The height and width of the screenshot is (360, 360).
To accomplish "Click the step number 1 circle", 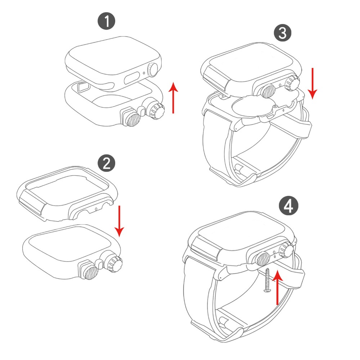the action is click(107, 21).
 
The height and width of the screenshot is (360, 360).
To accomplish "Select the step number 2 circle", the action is click(107, 164).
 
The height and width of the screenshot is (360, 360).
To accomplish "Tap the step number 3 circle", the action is click(283, 33).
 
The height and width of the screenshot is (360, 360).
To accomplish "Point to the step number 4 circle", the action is click(289, 206).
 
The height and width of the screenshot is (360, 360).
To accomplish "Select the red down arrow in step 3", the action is click(312, 84).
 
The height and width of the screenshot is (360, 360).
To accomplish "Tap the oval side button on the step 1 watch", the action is click(132, 78).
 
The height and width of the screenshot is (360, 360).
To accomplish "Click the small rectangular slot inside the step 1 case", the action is click(84, 87).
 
